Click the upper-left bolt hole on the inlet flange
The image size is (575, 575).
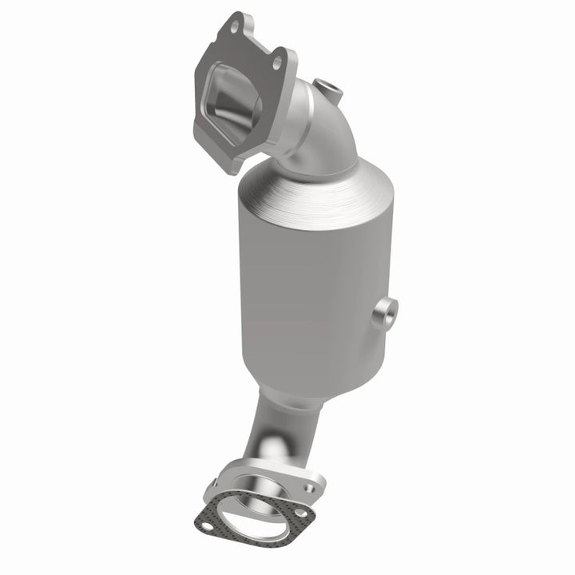click(232, 28)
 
